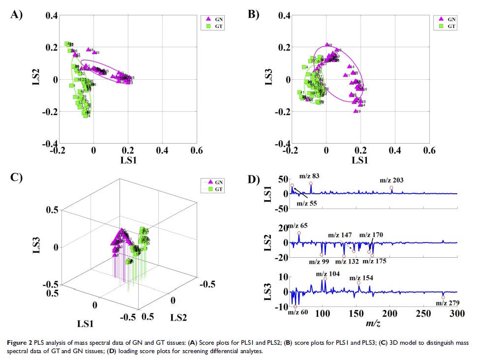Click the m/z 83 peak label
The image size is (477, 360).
pyautogui.click(x=309, y=176)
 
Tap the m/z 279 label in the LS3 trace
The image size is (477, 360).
pyautogui.click(x=447, y=303)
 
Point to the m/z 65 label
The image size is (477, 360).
pyautogui.click(x=297, y=226)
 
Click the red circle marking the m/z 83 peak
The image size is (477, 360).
pyautogui.click(x=311, y=183)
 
